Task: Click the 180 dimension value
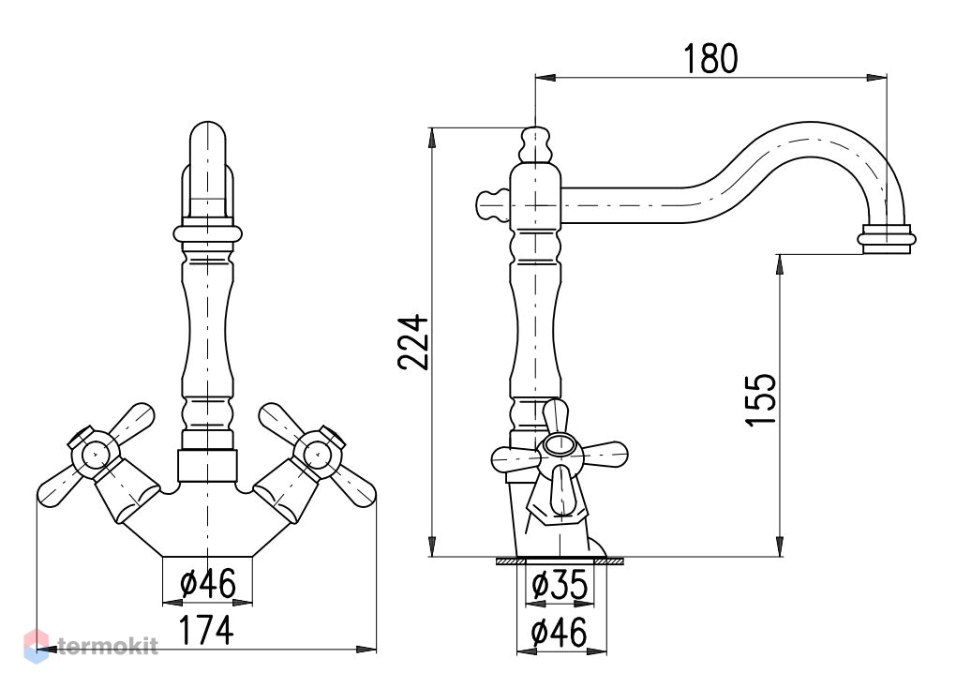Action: tap(710, 58)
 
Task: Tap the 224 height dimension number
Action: tap(413, 342)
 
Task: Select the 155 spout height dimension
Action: tap(761, 400)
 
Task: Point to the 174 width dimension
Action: tap(207, 630)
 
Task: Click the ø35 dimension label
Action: tap(560, 584)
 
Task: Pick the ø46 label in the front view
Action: tap(208, 583)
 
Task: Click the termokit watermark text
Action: tap(109, 646)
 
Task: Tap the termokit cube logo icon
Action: tap(36, 646)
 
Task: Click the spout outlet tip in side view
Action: tap(887, 239)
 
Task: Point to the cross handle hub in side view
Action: tap(560, 446)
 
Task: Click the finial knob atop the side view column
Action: tap(536, 144)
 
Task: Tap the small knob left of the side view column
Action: tap(493, 205)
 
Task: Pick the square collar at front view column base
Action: tap(207, 465)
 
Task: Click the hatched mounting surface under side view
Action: tap(560, 561)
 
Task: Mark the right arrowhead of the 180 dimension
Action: tap(876, 78)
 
